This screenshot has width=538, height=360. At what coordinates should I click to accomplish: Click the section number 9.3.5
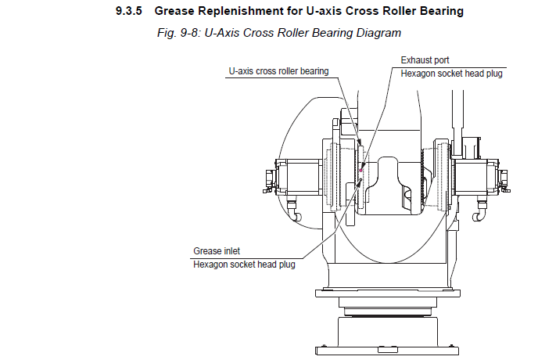click(127, 11)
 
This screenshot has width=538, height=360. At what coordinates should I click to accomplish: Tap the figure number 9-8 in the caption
click(199, 33)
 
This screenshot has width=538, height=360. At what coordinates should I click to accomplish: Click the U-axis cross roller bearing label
click(278, 70)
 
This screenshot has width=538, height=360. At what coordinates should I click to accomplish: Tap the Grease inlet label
click(217, 251)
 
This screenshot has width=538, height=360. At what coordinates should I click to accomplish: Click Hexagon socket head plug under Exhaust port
click(452, 74)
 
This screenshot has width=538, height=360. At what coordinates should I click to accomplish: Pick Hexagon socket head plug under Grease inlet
click(244, 265)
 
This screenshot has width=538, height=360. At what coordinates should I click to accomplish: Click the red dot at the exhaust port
click(360, 169)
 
